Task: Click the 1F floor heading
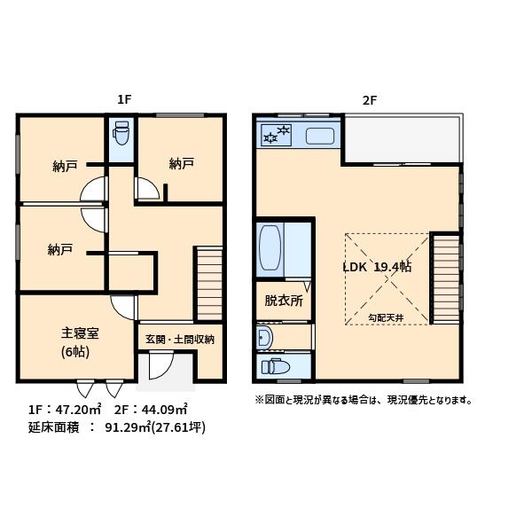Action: coord(124,100)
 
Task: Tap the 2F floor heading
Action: coord(369,100)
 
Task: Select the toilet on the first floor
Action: coord(121,137)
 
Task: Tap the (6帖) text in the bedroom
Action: coord(76,351)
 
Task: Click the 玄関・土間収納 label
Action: coord(180,339)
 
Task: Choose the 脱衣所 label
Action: coord(284,301)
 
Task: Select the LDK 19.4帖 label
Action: coord(377,267)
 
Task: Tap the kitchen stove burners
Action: coord(277,137)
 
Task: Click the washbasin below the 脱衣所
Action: coord(264,338)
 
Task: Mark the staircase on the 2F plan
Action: coord(445,278)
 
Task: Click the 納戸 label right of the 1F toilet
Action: coord(182,163)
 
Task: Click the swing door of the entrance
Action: coord(160,366)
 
